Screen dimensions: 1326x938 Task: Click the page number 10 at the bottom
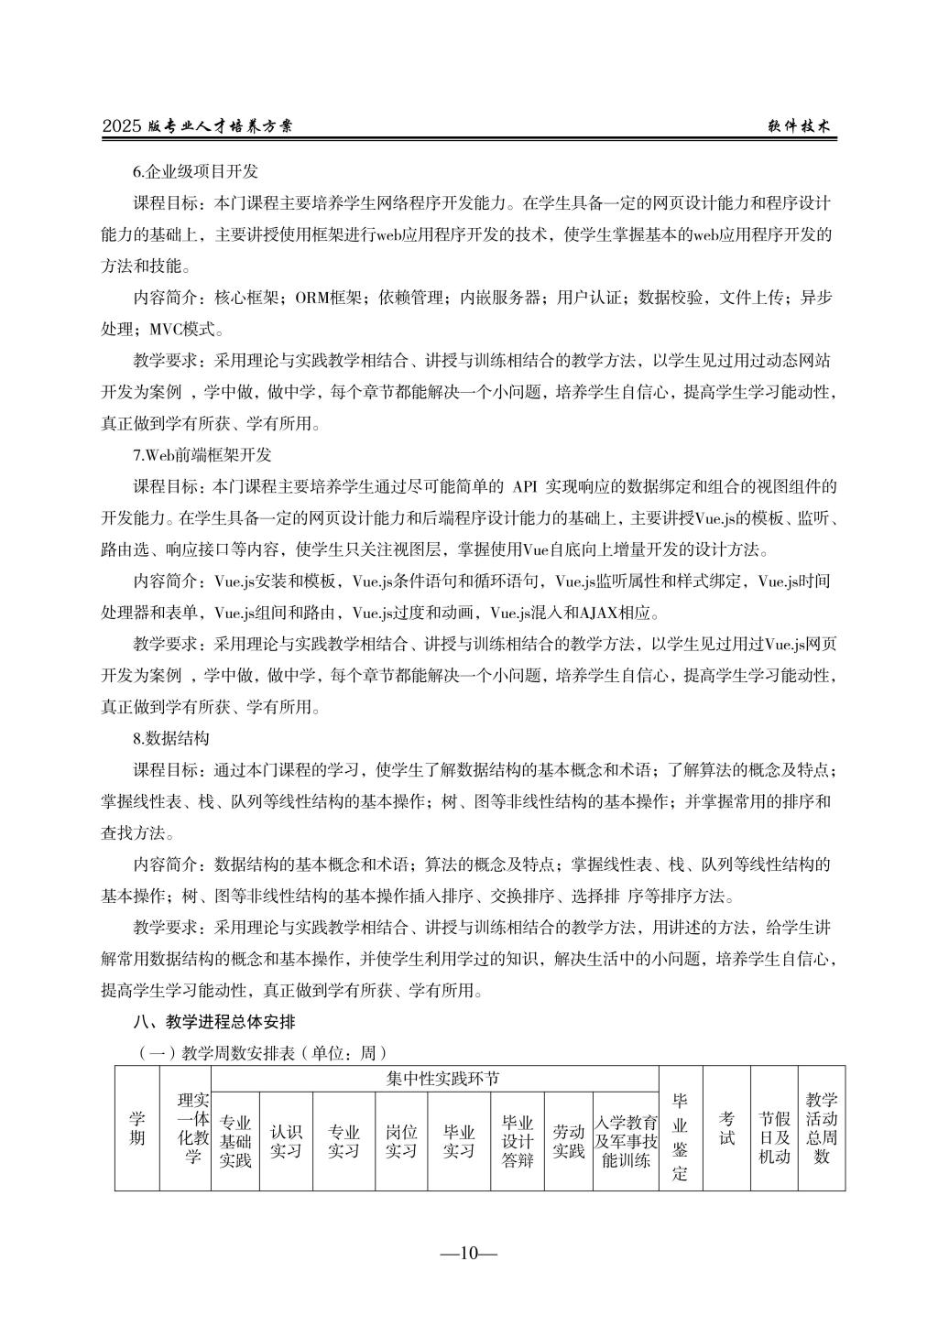468,1254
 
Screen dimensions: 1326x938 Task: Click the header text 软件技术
798,127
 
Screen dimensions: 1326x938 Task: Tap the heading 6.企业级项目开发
196,171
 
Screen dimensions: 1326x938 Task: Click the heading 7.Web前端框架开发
202,454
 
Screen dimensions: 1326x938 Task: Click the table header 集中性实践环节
443,1079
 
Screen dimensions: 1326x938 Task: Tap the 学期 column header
136,1128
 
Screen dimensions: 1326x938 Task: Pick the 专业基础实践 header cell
235,1141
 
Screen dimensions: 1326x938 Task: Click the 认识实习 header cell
286,1141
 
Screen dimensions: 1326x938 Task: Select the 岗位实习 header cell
400,1141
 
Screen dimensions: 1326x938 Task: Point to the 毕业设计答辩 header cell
518,1141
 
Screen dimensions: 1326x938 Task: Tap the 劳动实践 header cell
568,1141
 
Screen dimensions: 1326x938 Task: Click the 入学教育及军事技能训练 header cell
626,1141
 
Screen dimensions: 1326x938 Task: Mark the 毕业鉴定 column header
681,1136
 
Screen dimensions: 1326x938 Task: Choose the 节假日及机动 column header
774,1128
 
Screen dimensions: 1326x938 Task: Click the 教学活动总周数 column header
822,1128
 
